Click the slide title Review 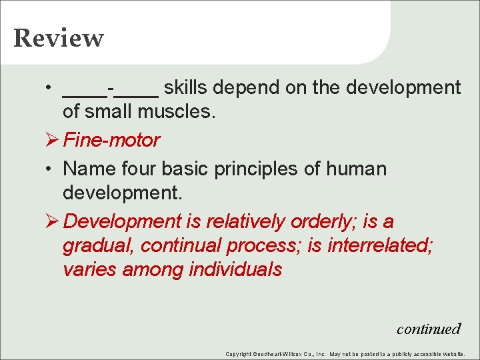[59, 38]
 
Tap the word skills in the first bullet [189, 87]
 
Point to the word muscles [182, 112]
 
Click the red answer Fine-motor [111, 140]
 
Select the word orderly [324, 221]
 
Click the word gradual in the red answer [99, 246]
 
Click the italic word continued [429, 329]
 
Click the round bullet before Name [49, 169]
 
